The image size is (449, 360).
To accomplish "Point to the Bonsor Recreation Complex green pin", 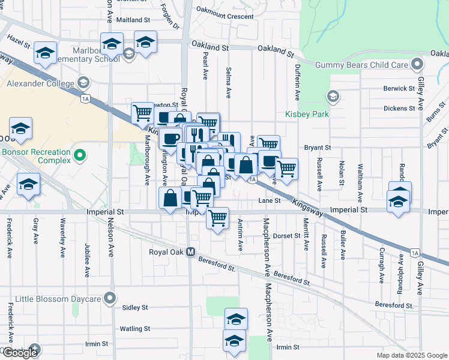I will click(x=79, y=157).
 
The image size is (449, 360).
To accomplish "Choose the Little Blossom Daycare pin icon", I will click(x=109, y=297).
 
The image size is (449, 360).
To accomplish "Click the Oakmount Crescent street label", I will click(x=224, y=17).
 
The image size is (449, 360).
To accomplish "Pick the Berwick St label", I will click(x=399, y=89).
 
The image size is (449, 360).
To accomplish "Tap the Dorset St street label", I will click(x=286, y=236).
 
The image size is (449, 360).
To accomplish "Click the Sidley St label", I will click(x=134, y=308).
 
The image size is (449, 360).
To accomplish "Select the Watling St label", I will click(x=134, y=329).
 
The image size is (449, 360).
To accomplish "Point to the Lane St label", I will click(x=270, y=200).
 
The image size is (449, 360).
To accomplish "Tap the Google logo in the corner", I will click(x=20, y=353).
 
